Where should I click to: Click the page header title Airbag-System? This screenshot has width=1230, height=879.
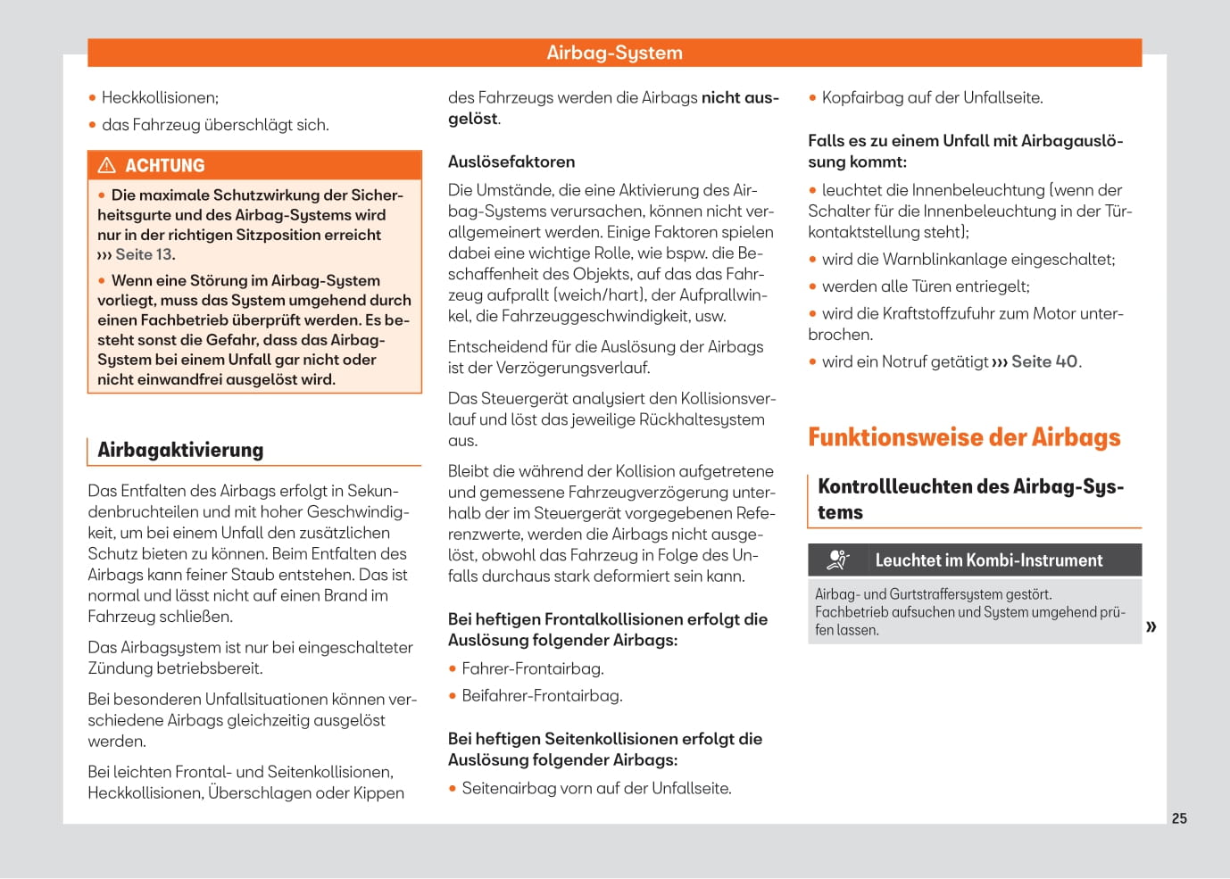click(614, 53)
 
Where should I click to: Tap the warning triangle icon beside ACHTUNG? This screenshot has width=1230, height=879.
click(107, 165)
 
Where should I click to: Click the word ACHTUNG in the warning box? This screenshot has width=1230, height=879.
click(165, 166)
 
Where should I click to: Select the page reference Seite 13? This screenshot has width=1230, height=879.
click(144, 254)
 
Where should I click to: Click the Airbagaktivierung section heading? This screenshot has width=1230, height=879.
click(180, 450)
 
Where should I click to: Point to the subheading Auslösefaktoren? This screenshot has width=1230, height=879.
click(511, 162)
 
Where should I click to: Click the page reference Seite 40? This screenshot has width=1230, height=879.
click(1044, 361)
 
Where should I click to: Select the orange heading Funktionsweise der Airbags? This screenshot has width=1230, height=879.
click(964, 437)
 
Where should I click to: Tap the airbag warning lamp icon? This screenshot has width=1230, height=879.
click(837, 560)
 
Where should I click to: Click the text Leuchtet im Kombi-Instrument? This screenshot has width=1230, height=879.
click(988, 560)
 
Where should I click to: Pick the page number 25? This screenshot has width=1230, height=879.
click(1179, 818)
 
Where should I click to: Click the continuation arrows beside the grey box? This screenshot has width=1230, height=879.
click(1151, 626)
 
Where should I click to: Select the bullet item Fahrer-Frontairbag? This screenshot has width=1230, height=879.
click(532, 668)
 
